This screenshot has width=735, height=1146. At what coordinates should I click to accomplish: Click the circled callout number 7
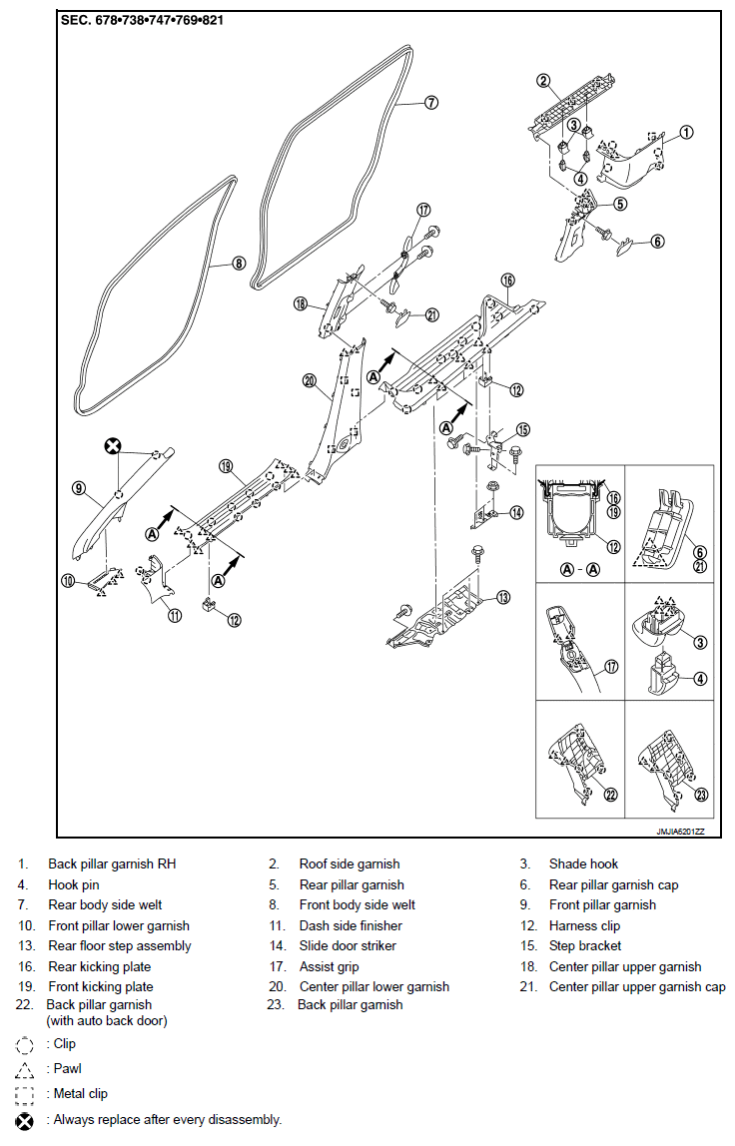(431, 103)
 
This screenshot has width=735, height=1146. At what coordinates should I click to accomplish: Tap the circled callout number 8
(239, 264)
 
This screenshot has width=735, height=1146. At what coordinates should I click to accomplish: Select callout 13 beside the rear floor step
(503, 598)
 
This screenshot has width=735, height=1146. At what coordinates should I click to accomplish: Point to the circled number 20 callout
(310, 380)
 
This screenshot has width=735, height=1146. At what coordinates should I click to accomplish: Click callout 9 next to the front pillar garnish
(79, 488)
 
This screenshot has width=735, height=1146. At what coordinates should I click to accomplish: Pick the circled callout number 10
(68, 581)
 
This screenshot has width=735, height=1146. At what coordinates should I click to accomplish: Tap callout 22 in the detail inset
(611, 795)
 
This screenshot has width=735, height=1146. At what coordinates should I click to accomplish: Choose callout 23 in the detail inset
(701, 795)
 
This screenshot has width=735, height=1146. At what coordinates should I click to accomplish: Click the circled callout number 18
(300, 303)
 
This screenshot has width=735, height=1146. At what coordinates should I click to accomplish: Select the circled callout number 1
(686, 133)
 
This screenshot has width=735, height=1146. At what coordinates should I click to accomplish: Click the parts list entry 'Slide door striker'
(348, 945)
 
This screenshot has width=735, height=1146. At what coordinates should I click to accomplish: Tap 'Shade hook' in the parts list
(583, 863)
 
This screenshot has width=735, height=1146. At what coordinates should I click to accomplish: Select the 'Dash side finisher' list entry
(351, 925)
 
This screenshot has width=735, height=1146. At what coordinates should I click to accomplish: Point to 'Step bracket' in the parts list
(585, 945)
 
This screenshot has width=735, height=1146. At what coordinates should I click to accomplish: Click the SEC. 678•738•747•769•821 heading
(142, 20)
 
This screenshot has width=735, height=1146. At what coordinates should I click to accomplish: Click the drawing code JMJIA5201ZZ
(680, 832)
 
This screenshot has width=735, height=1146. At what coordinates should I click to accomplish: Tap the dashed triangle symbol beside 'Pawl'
(24, 1070)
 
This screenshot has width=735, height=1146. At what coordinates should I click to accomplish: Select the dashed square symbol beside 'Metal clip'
(24, 1095)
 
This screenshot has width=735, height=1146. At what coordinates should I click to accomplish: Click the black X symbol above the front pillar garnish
(112, 445)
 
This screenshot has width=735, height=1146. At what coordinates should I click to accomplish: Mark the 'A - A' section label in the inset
(580, 569)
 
